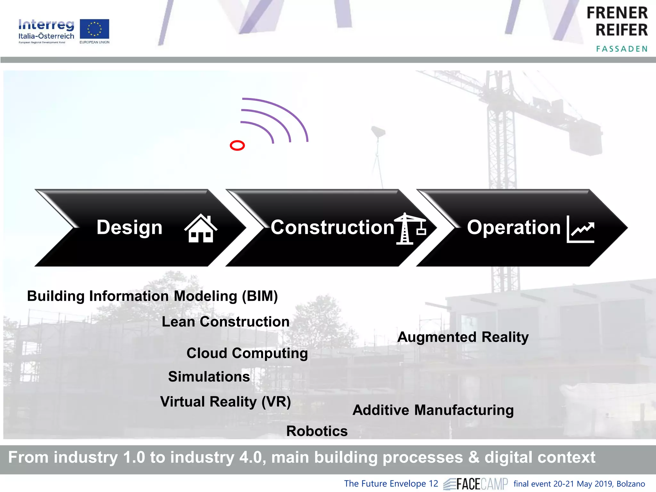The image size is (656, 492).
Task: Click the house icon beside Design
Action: tap(201, 228)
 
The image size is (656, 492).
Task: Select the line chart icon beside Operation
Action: tap(580, 229)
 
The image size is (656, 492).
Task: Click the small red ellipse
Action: tap(237, 146)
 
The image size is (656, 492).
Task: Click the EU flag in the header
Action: tap(94, 29)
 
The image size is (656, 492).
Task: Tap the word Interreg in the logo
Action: tap(46, 25)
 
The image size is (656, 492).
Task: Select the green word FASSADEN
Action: tap(622, 49)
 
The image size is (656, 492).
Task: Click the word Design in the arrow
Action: tap(129, 227)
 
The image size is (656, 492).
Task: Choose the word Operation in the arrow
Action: tap(513, 227)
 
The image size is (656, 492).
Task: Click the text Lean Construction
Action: tap(225, 322)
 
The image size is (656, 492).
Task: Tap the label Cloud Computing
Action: tap(247, 353)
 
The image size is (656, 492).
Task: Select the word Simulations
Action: tap(209, 377)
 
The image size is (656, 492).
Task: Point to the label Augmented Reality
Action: tap(463, 337)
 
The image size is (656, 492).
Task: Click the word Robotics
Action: tap(317, 431)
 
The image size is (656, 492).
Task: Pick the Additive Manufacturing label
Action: tap(433, 410)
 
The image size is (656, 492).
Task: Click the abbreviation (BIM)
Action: tap(260, 296)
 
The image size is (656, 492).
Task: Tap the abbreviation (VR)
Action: tap(276, 402)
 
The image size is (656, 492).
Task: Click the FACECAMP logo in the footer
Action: tap(476, 484)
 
